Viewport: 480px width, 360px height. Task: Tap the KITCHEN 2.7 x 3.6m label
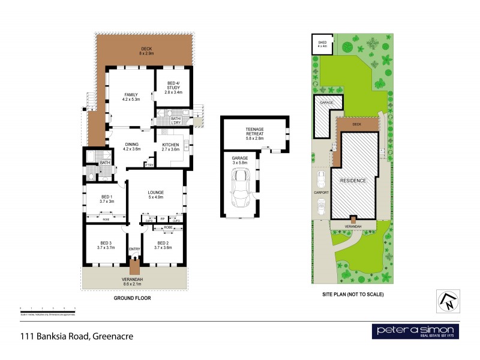[172, 146]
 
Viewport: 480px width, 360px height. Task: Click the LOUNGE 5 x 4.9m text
[156, 194]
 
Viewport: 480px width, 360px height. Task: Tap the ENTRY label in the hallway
[134, 250]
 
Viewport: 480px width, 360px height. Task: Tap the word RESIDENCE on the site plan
[353, 180]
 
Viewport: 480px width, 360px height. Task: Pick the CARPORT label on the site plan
[321, 193]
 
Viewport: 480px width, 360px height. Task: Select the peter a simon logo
[416, 331]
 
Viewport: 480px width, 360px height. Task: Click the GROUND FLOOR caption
[133, 298]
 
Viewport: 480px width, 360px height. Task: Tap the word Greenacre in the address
[112, 337]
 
